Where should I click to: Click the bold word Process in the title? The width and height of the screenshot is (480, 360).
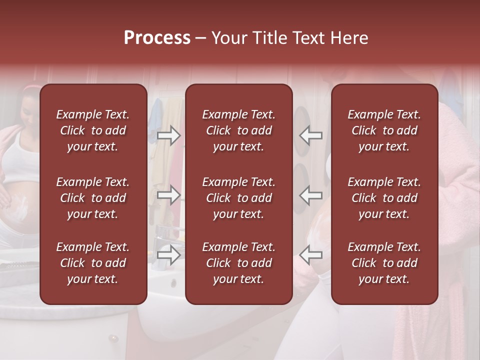point(157,38)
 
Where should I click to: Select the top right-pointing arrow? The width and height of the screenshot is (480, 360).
point(168,135)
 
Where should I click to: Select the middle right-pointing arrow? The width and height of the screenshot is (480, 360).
point(168,195)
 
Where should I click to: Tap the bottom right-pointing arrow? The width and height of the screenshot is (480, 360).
point(168,255)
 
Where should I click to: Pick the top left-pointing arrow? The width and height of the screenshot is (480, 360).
point(310,135)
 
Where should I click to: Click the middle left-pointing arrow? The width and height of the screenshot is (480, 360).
point(310,195)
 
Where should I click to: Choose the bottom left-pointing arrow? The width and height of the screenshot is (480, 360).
point(310,255)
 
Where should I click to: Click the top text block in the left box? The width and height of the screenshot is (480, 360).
point(93,130)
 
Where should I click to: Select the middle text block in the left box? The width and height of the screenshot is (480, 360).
point(93,198)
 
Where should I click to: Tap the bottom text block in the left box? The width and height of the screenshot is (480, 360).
point(93,263)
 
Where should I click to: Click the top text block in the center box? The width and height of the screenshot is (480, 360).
point(238,130)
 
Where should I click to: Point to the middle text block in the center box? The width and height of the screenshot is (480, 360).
point(238,198)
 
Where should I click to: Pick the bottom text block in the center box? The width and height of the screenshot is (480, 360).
point(238,263)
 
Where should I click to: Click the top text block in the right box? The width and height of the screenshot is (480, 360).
point(384,130)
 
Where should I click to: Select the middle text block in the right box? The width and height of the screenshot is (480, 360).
point(384,198)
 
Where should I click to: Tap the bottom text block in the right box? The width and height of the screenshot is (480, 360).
point(384,263)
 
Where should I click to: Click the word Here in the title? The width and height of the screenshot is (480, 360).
point(349,38)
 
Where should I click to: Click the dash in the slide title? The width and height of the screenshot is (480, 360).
point(201,38)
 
